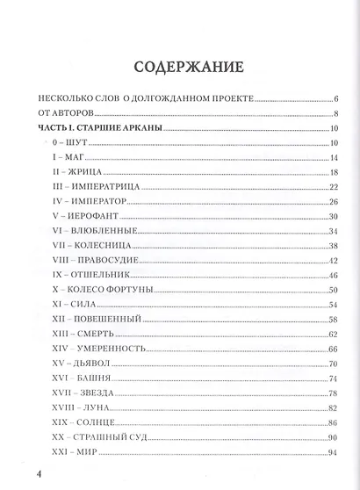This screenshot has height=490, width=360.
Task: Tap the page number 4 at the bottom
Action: pos(28,475)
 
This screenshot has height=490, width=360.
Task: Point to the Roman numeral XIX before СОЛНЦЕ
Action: pos(61,424)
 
